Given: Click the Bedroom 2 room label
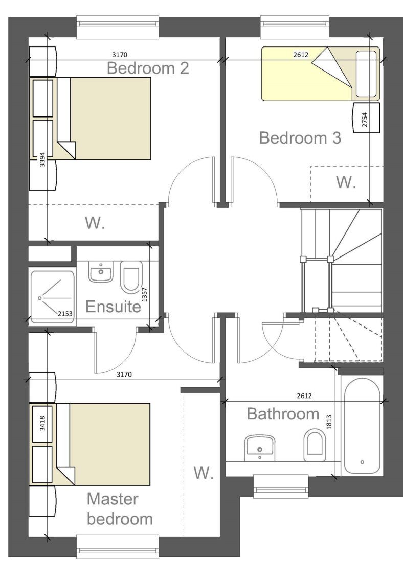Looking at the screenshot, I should [x=147, y=68].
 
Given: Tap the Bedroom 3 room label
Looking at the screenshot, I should [x=300, y=138].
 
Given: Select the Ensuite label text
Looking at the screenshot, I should [x=113, y=307].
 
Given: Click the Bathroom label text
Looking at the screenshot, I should [x=283, y=414].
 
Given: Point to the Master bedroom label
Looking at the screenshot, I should [x=120, y=508].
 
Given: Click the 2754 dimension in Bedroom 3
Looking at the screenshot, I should [x=365, y=119].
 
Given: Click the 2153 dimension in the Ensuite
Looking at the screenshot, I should [x=65, y=313].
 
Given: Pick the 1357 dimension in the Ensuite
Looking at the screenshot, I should [x=145, y=294].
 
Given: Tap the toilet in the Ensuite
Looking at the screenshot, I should [x=131, y=276].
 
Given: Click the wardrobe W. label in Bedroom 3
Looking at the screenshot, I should [x=346, y=182].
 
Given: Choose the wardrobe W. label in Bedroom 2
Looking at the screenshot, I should [x=95, y=223].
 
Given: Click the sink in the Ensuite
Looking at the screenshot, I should [x=100, y=271].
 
